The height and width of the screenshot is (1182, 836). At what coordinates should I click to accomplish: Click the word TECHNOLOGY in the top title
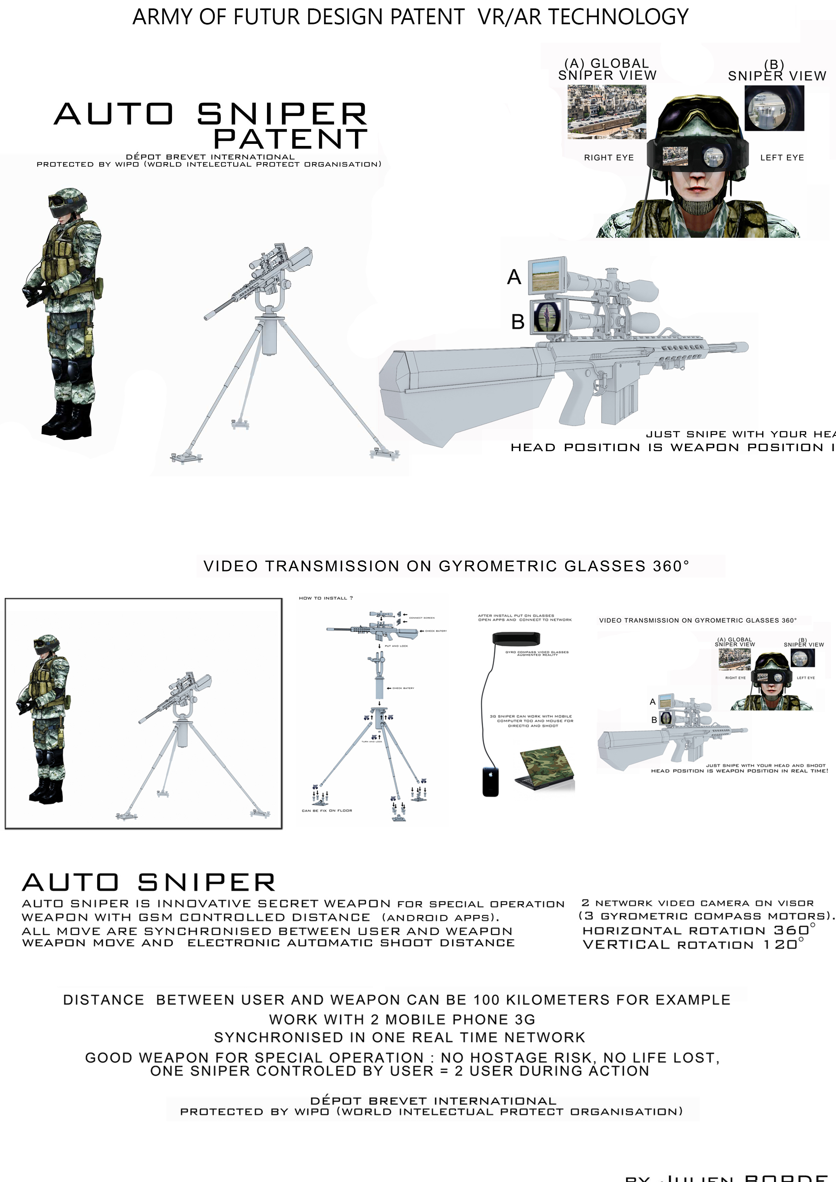[618, 17]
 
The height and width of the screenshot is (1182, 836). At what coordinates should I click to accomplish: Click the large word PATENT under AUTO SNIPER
[291, 139]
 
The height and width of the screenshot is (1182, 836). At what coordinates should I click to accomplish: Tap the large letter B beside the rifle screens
[518, 322]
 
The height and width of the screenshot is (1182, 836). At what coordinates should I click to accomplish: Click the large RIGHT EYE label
[608, 158]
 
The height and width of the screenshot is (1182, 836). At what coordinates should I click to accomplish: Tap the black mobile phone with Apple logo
[490, 781]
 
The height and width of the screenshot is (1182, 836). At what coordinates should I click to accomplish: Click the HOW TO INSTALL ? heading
[326, 598]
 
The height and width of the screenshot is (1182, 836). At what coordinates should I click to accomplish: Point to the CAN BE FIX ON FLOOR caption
[327, 810]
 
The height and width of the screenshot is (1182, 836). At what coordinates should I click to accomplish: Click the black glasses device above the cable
[516, 639]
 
